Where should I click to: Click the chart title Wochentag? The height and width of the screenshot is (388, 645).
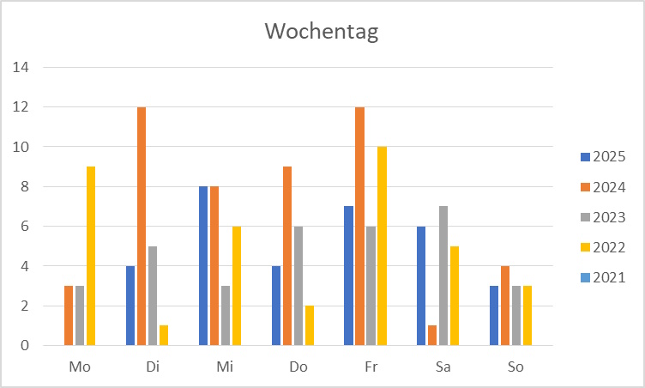tap(322, 32)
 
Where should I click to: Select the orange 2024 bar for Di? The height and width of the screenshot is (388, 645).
tap(142, 226)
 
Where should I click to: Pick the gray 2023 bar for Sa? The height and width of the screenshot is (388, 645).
tap(443, 276)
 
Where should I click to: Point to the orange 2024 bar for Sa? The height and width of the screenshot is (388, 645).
tap(432, 336)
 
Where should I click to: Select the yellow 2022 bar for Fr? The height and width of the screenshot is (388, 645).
tap(382, 246)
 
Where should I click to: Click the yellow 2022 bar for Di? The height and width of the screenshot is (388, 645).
tap(163, 336)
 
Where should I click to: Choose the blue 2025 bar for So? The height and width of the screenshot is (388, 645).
tap(494, 315)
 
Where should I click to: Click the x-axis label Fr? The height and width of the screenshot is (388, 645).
tap(371, 367)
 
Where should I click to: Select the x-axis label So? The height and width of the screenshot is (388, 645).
tap(516, 367)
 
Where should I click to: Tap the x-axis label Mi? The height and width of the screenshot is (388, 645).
tap(225, 367)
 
